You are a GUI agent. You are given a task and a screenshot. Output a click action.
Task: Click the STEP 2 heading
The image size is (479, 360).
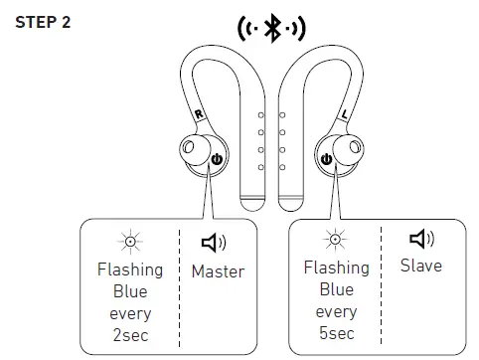coord(43,22)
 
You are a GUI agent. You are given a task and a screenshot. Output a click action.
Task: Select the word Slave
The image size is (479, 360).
coord(421,266)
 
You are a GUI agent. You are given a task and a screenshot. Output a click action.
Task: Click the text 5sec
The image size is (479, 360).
coord(336,333)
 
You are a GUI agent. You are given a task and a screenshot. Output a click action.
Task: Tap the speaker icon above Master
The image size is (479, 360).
coord(214,242)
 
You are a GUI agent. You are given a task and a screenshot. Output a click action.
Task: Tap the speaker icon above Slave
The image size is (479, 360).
coord(421,239)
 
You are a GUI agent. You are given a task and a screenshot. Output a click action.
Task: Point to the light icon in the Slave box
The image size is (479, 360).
coord(336,239)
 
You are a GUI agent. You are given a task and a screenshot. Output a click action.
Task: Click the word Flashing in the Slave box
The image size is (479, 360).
coord(336,267)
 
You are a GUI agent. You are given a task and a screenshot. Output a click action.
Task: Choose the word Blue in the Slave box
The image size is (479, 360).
coord(336,288)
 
